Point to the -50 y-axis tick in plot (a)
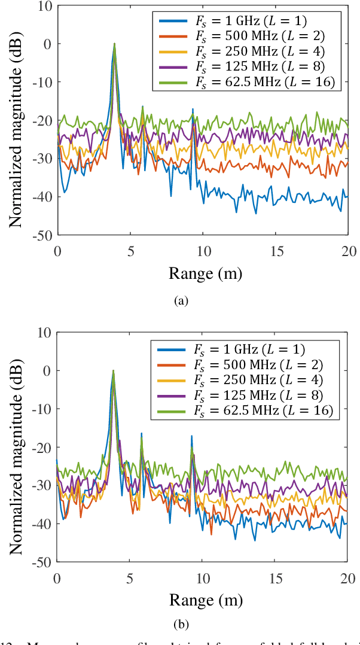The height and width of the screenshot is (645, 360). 44,235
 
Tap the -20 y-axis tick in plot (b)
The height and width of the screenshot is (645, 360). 44,447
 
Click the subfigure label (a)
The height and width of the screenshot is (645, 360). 181,301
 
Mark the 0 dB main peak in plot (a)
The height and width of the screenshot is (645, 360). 114,44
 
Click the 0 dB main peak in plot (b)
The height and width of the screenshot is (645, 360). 113,371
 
